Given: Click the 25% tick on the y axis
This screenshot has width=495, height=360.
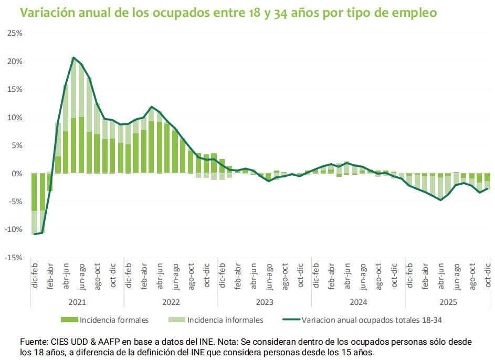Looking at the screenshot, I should pos(15,33).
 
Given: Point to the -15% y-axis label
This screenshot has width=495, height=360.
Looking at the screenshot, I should pos(14,258).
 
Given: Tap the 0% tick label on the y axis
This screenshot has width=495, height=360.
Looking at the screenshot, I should pos(17,174).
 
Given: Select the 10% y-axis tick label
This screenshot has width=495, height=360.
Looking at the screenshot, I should pos(15,118).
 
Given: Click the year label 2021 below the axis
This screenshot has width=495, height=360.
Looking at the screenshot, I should pos(77,302).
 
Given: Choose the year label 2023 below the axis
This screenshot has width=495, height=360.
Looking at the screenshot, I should pos(264,302).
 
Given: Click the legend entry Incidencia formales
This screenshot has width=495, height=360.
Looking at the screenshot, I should pos(113,320).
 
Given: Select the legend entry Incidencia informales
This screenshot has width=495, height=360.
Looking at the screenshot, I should pos(225,320).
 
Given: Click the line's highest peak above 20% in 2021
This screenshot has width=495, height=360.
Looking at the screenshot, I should pos(73,58).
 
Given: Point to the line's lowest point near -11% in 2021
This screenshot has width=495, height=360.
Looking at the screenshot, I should pos(35,234).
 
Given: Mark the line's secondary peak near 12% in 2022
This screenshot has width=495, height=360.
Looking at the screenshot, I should pos(152,107).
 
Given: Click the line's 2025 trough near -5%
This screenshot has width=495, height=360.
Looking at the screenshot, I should pos(440,200).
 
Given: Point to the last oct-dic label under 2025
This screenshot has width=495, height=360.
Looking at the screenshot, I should pos(488,276).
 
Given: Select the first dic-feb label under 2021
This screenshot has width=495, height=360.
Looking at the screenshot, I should pos(35,276).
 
